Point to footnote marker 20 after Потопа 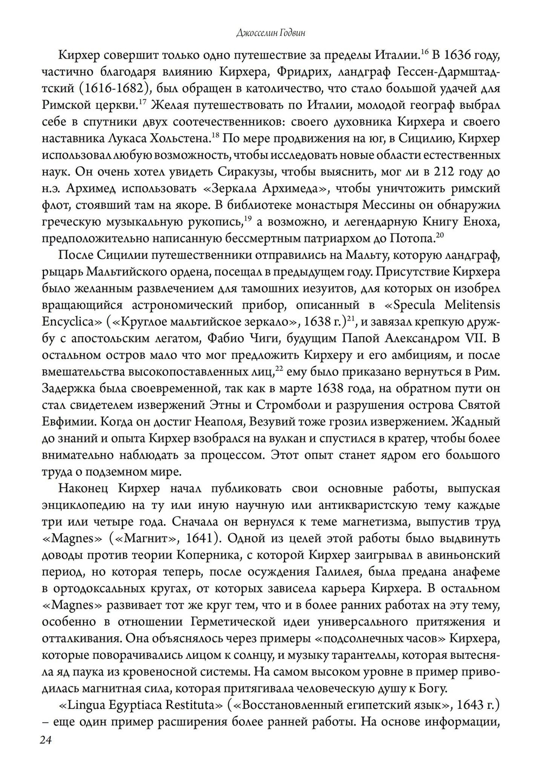440,234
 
